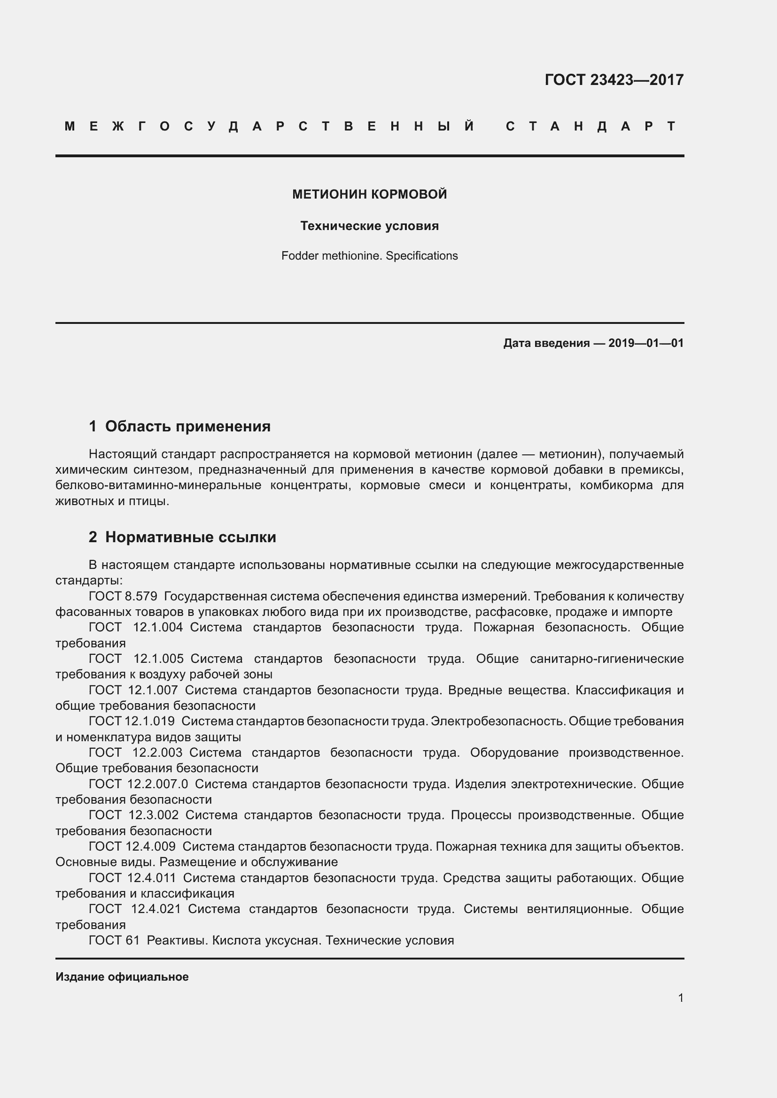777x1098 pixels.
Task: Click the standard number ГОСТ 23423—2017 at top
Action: [x=614, y=79]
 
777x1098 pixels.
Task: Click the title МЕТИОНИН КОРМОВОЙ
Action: [x=369, y=194]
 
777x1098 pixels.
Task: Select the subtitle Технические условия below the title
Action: [x=369, y=226]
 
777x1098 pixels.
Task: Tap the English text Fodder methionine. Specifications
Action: [x=369, y=256]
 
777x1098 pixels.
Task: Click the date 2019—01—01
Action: [x=645, y=343]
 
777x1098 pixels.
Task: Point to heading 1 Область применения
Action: [x=179, y=426]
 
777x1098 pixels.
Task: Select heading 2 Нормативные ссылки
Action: [x=182, y=537]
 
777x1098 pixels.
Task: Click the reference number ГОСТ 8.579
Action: [x=123, y=596]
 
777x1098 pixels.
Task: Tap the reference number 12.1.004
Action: [x=158, y=628]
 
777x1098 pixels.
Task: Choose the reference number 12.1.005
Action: [x=158, y=659]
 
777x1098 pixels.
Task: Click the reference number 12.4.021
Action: [x=156, y=909]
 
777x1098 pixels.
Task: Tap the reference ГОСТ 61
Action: [x=114, y=940]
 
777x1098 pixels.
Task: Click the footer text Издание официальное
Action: [x=122, y=977]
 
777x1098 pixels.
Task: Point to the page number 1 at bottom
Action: [x=680, y=998]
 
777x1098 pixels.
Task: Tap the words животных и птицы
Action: [x=112, y=502]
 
